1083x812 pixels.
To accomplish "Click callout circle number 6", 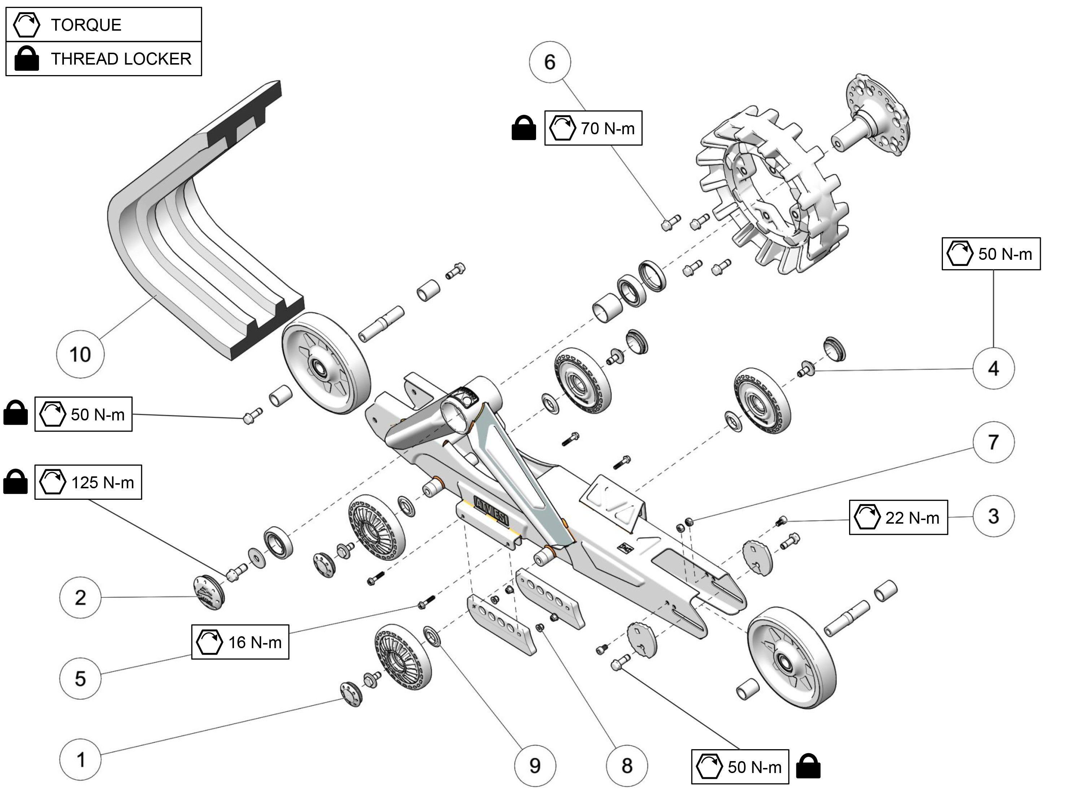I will pos(550,62).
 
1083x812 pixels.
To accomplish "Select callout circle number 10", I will pos(80,354).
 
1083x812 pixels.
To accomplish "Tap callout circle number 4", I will pos(993,368).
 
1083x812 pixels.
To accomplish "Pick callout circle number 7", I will pos(993,442).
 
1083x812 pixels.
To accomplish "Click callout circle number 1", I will pos(80,760).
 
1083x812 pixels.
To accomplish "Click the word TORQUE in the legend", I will pos(86,25).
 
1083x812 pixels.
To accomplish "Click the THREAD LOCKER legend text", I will pos(121,59).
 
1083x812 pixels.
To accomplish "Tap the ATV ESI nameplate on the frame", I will pos(491,511).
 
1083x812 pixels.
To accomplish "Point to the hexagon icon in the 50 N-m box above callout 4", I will pos(960,254).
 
